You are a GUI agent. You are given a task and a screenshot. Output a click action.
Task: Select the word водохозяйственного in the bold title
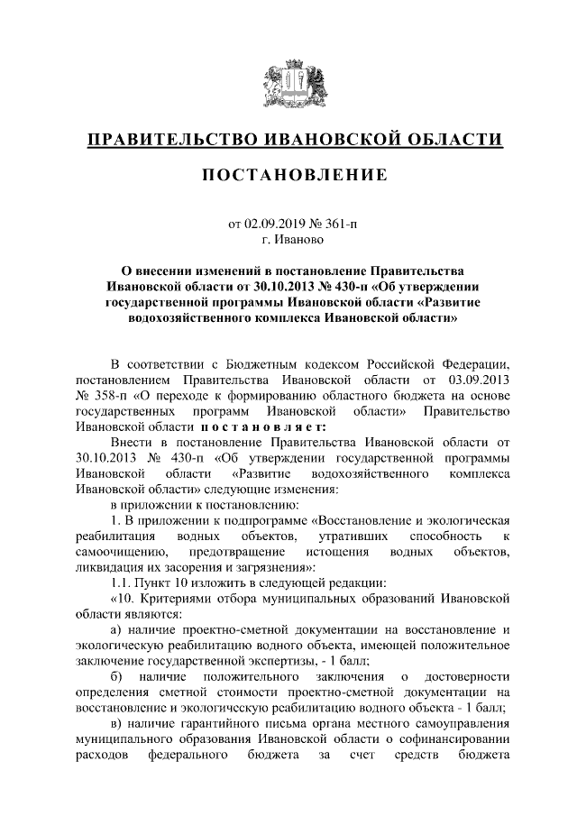pyautogui.click(x=206, y=317)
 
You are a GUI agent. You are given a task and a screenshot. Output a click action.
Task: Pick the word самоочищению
pyautogui.click(x=117, y=552)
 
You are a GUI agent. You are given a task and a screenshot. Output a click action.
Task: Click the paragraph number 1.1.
pyautogui.click(x=122, y=582)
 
